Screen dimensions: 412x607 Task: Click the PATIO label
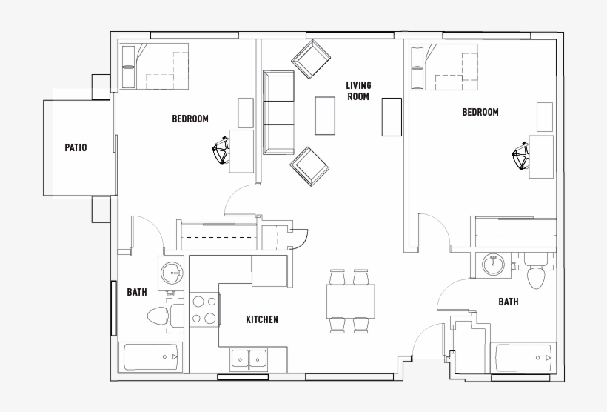[x=76, y=147]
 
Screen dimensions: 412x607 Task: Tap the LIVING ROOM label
[x=358, y=90]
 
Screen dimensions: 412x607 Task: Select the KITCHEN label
[x=262, y=319]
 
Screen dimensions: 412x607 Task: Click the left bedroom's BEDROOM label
[x=190, y=119]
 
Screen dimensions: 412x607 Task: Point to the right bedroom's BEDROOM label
[x=480, y=113]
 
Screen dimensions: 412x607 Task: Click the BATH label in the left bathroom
[x=137, y=293]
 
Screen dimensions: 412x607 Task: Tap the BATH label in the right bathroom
[x=508, y=302]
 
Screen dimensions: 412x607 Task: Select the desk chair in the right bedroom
[x=521, y=156]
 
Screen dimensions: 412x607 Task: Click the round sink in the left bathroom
[x=172, y=271]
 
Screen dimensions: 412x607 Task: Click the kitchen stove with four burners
[x=204, y=310]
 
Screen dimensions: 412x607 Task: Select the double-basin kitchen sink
[x=250, y=359]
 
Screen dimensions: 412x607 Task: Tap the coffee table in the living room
[x=325, y=116]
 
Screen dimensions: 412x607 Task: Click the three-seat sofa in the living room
[x=279, y=113]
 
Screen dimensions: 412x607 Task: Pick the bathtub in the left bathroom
[x=150, y=357]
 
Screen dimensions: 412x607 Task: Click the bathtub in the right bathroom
[x=523, y=359]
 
